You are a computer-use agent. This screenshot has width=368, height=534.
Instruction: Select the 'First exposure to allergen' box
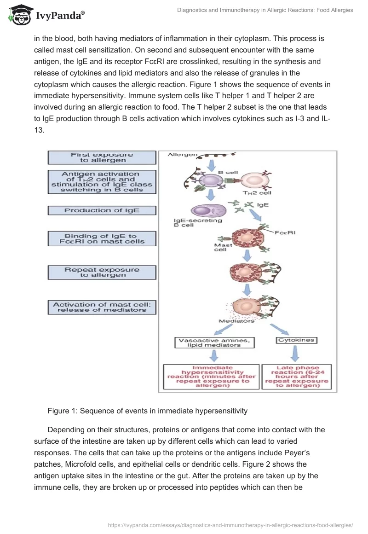[x=102, y=157]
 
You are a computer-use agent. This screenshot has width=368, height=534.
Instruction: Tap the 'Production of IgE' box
[x=102, y=210]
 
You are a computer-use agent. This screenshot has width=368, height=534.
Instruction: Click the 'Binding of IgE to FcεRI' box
[x=102, y=238]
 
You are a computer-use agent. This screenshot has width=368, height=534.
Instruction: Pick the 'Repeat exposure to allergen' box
[x=102, y=272]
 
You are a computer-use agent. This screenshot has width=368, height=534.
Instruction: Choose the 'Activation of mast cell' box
[x=102, y=307]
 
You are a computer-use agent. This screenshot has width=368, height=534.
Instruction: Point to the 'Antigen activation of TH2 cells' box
[x=102, y=182]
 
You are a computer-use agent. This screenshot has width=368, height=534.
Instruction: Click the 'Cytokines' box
[x=297, y=340]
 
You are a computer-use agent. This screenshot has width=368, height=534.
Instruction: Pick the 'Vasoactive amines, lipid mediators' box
[x=214, y=342]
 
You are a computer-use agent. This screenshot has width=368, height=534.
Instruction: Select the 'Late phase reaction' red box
[x=297, y=377]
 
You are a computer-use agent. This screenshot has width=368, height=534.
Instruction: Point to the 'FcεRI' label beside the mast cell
[x=285, y=233]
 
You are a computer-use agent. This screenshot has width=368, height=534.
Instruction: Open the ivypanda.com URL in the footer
[x=230, y=524]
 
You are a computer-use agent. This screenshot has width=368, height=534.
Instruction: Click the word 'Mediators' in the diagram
[x=236, y=321]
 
